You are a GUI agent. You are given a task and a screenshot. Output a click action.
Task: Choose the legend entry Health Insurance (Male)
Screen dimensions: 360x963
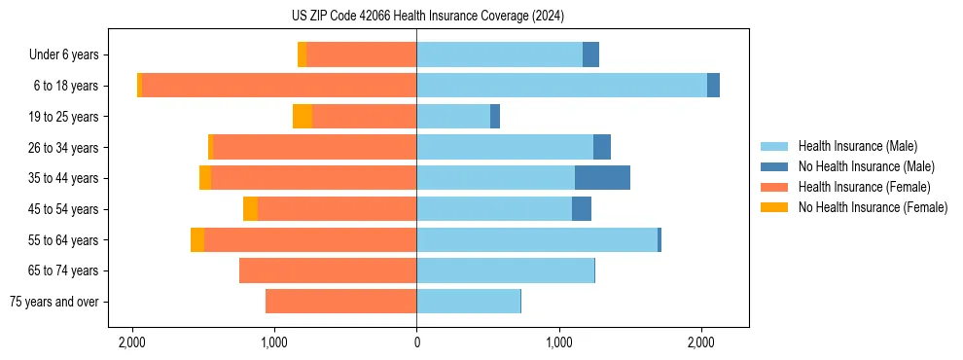coord(857,146)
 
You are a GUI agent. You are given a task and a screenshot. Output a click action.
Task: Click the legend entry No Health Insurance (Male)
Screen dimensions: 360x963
coord(866,166)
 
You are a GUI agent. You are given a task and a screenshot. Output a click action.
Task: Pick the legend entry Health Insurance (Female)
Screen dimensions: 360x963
coord(864,187)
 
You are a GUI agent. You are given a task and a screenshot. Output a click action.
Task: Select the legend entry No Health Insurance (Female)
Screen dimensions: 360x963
coord(873,207)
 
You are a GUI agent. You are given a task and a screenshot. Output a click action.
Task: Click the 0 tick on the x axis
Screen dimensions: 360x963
coord(416,342)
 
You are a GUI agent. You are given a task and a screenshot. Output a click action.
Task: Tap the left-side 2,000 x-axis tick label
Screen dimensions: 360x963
coord(131,342)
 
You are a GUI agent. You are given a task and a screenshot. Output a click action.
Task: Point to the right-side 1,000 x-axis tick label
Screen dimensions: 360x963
coord(559,342)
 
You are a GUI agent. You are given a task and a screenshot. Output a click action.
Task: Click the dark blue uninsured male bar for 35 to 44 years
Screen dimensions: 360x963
coord(602,178)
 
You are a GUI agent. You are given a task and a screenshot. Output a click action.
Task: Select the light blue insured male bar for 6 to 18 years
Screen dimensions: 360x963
coord(561,86)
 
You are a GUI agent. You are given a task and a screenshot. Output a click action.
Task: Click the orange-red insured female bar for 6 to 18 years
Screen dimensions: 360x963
coord(279,86)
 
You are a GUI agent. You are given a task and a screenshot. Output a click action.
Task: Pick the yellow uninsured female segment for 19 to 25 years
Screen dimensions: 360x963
coord(303,117)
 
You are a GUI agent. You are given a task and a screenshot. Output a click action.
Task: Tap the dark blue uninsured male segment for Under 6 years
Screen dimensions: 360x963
coord(590,54)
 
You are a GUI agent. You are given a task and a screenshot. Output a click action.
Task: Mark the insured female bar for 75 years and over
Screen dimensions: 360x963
coord(340,302)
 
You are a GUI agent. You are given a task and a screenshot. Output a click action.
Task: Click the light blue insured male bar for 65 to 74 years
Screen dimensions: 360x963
coord(505,270)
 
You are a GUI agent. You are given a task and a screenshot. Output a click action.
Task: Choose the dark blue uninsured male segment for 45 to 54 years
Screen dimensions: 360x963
coord(582,209)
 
